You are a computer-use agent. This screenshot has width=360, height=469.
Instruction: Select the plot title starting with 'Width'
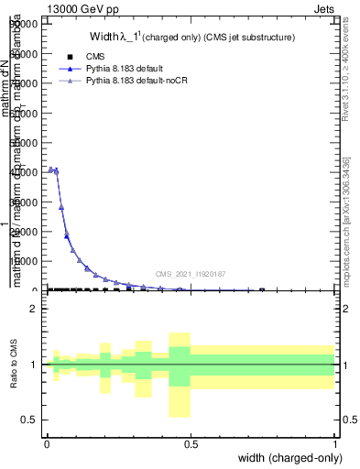pos(191,38)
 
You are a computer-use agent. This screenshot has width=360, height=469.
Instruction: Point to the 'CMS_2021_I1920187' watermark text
pos(190,274)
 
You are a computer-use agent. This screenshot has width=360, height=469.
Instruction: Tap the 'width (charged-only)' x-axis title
pos(286,457)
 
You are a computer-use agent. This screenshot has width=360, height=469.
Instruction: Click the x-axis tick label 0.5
pos(191,444)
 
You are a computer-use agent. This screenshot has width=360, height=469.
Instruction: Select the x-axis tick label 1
pos(335,444)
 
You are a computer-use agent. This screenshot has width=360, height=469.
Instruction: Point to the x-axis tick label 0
pos(47,444)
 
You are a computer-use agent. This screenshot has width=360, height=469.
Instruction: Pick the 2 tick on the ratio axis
pos(36,309)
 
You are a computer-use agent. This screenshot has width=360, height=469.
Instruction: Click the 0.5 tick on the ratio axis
pos(32,420)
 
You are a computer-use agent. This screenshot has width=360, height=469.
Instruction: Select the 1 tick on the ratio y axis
pos(36,365)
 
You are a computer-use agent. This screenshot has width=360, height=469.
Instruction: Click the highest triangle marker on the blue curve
pos(50,169)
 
